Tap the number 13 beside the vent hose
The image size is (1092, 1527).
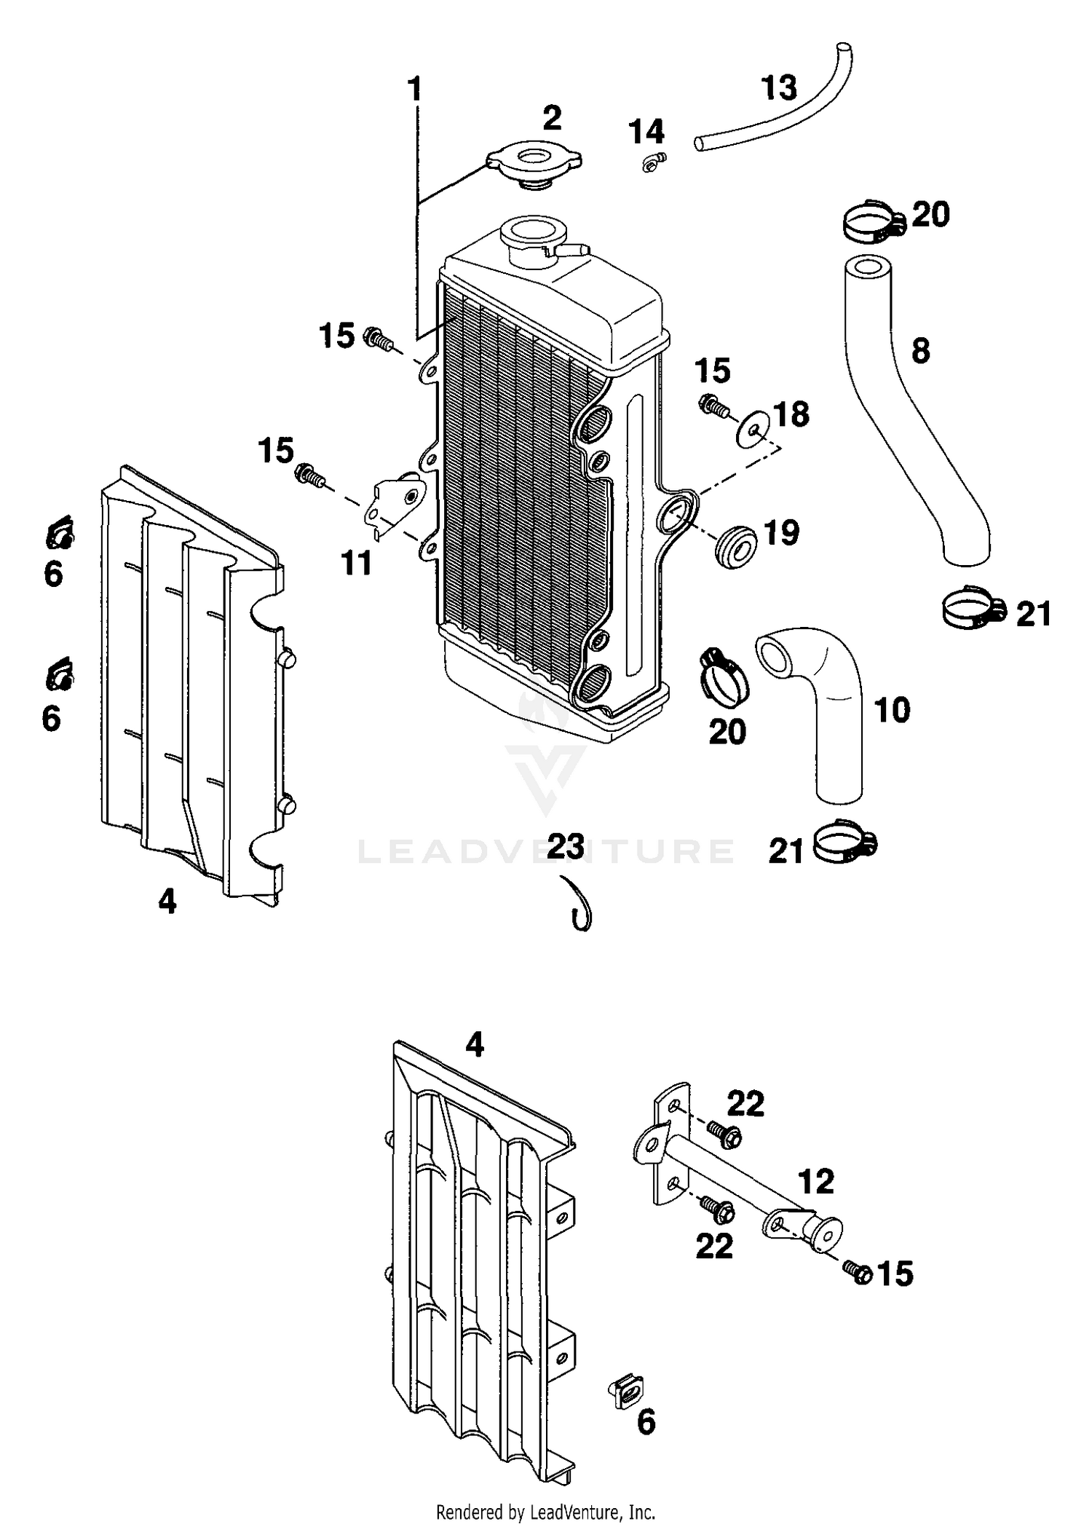point(778,88)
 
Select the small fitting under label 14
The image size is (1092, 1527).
point(653,163)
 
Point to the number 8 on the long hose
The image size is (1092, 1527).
point(920,351)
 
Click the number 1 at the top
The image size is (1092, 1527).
point(414,90)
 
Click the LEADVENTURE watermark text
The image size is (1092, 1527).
point(546,851)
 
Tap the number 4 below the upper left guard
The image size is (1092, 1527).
point(167,903)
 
